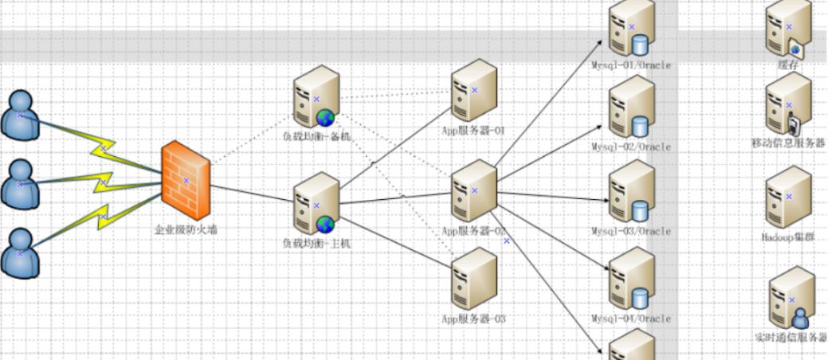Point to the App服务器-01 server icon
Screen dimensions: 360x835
click(474, 90)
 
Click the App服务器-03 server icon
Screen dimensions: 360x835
click(474, 278)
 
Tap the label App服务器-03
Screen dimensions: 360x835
click(474, 319)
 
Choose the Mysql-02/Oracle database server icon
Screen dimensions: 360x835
click(631, 109)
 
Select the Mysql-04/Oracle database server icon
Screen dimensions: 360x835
click(631, 280)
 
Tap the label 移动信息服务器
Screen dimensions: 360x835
click(787, 143)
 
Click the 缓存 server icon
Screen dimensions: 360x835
click(789, 29)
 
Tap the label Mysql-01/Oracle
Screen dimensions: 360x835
click(631, 65)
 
